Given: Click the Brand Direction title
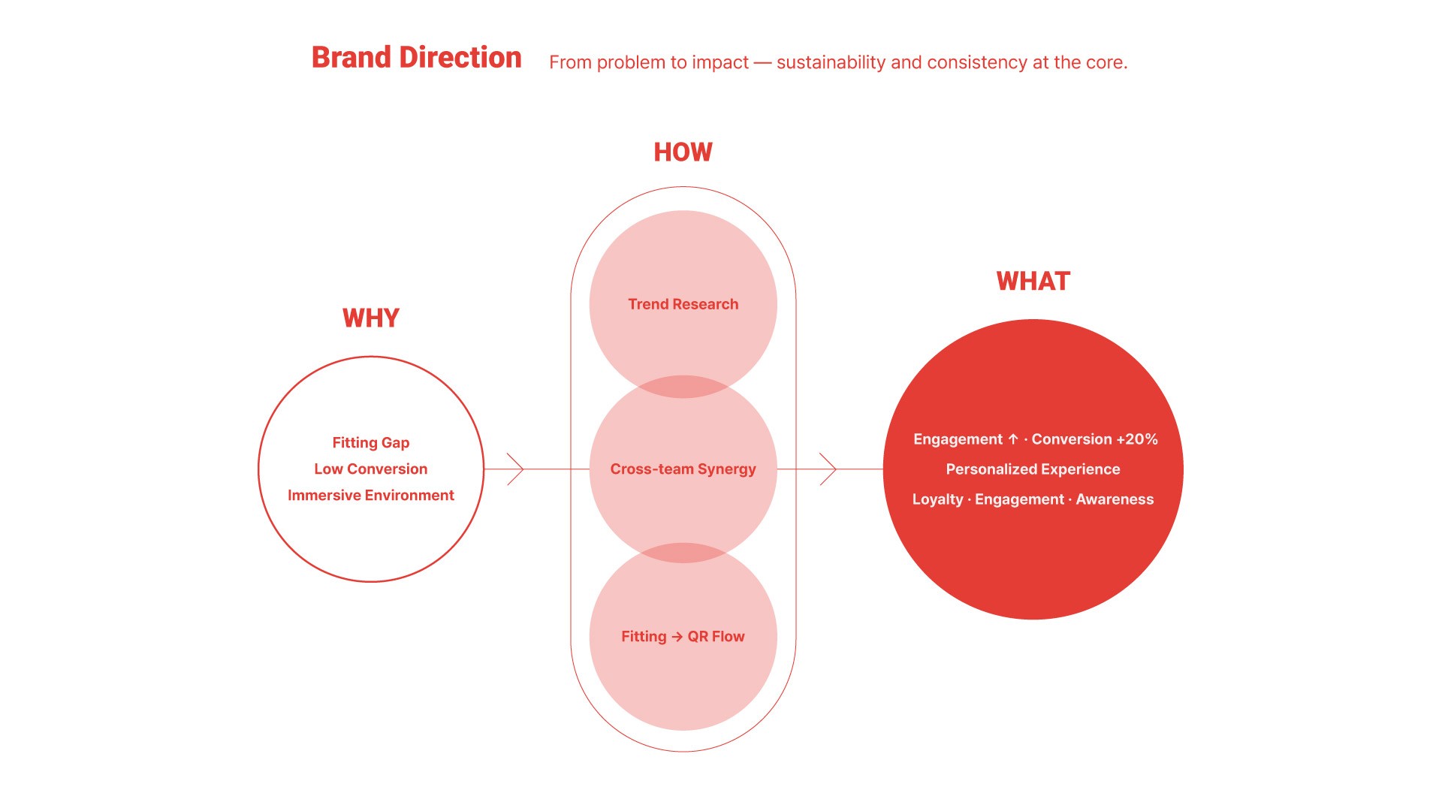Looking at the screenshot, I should (x=416, y=58).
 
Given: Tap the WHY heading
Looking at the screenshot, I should (x=370, y=318).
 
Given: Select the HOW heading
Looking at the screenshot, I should (x=683, y=152).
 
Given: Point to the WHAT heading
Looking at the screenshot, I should (x=1033, y=282).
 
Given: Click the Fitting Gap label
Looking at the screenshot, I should (x=370, y=443).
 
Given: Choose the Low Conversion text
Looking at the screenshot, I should (x=370, y=469).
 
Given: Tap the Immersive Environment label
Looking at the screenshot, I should (x=370, y=496).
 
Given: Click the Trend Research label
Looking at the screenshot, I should (x=683, y=304).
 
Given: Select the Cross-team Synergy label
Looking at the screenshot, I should (x=683, y=469).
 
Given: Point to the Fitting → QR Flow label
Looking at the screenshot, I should (x=683, y=637).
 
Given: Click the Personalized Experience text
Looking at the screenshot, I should (x=1033, y=469).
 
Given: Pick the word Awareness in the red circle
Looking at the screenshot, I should (x=1115, y=499).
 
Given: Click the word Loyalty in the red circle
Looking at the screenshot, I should (x=937, y=499).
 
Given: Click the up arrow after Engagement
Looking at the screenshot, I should (x=1013, y=439).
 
